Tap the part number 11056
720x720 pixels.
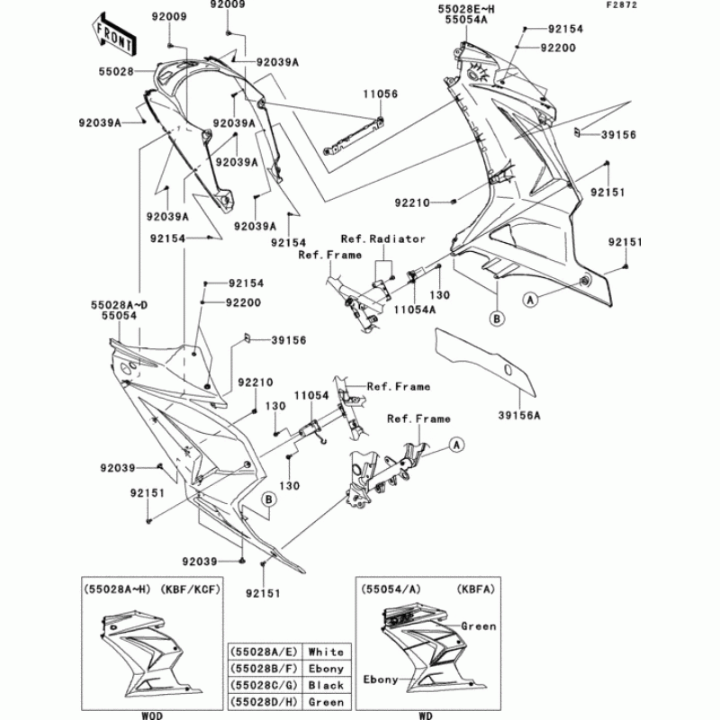[x=380, y=92]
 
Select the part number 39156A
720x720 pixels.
[x=519, y=416]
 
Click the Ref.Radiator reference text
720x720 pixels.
[x=382, y=239]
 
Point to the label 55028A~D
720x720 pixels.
[x=119, y=306]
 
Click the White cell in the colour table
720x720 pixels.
[x=326, y=651]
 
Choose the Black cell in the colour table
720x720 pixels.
[x=326, y=685]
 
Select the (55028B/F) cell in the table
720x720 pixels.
[x=265, y=669]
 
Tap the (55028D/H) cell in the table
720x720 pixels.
[x=265, y=702]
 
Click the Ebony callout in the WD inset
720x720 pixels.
[x=380, y=680]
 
